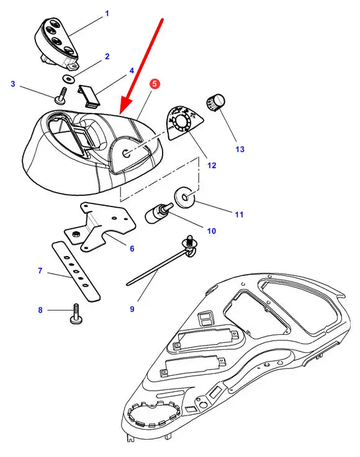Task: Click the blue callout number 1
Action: (107, 14)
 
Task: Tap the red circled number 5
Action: (155, 84)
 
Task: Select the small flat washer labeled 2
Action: (69, 78)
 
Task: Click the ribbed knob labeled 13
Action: (216, 102)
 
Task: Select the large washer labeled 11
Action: (184, 198)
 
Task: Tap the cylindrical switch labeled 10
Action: (158, 214)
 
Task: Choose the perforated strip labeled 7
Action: (76, 271)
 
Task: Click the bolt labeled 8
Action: (76, 314)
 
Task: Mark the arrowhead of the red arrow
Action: (126, 106)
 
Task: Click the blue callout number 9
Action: (132, 309)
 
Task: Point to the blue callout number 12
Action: (212, 166)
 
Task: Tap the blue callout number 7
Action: (40, 271)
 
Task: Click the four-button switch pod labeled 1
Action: (56, 43)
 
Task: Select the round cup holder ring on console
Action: (154, 415)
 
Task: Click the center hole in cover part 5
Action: (127, 153)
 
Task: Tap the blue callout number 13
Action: (240, 149)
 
